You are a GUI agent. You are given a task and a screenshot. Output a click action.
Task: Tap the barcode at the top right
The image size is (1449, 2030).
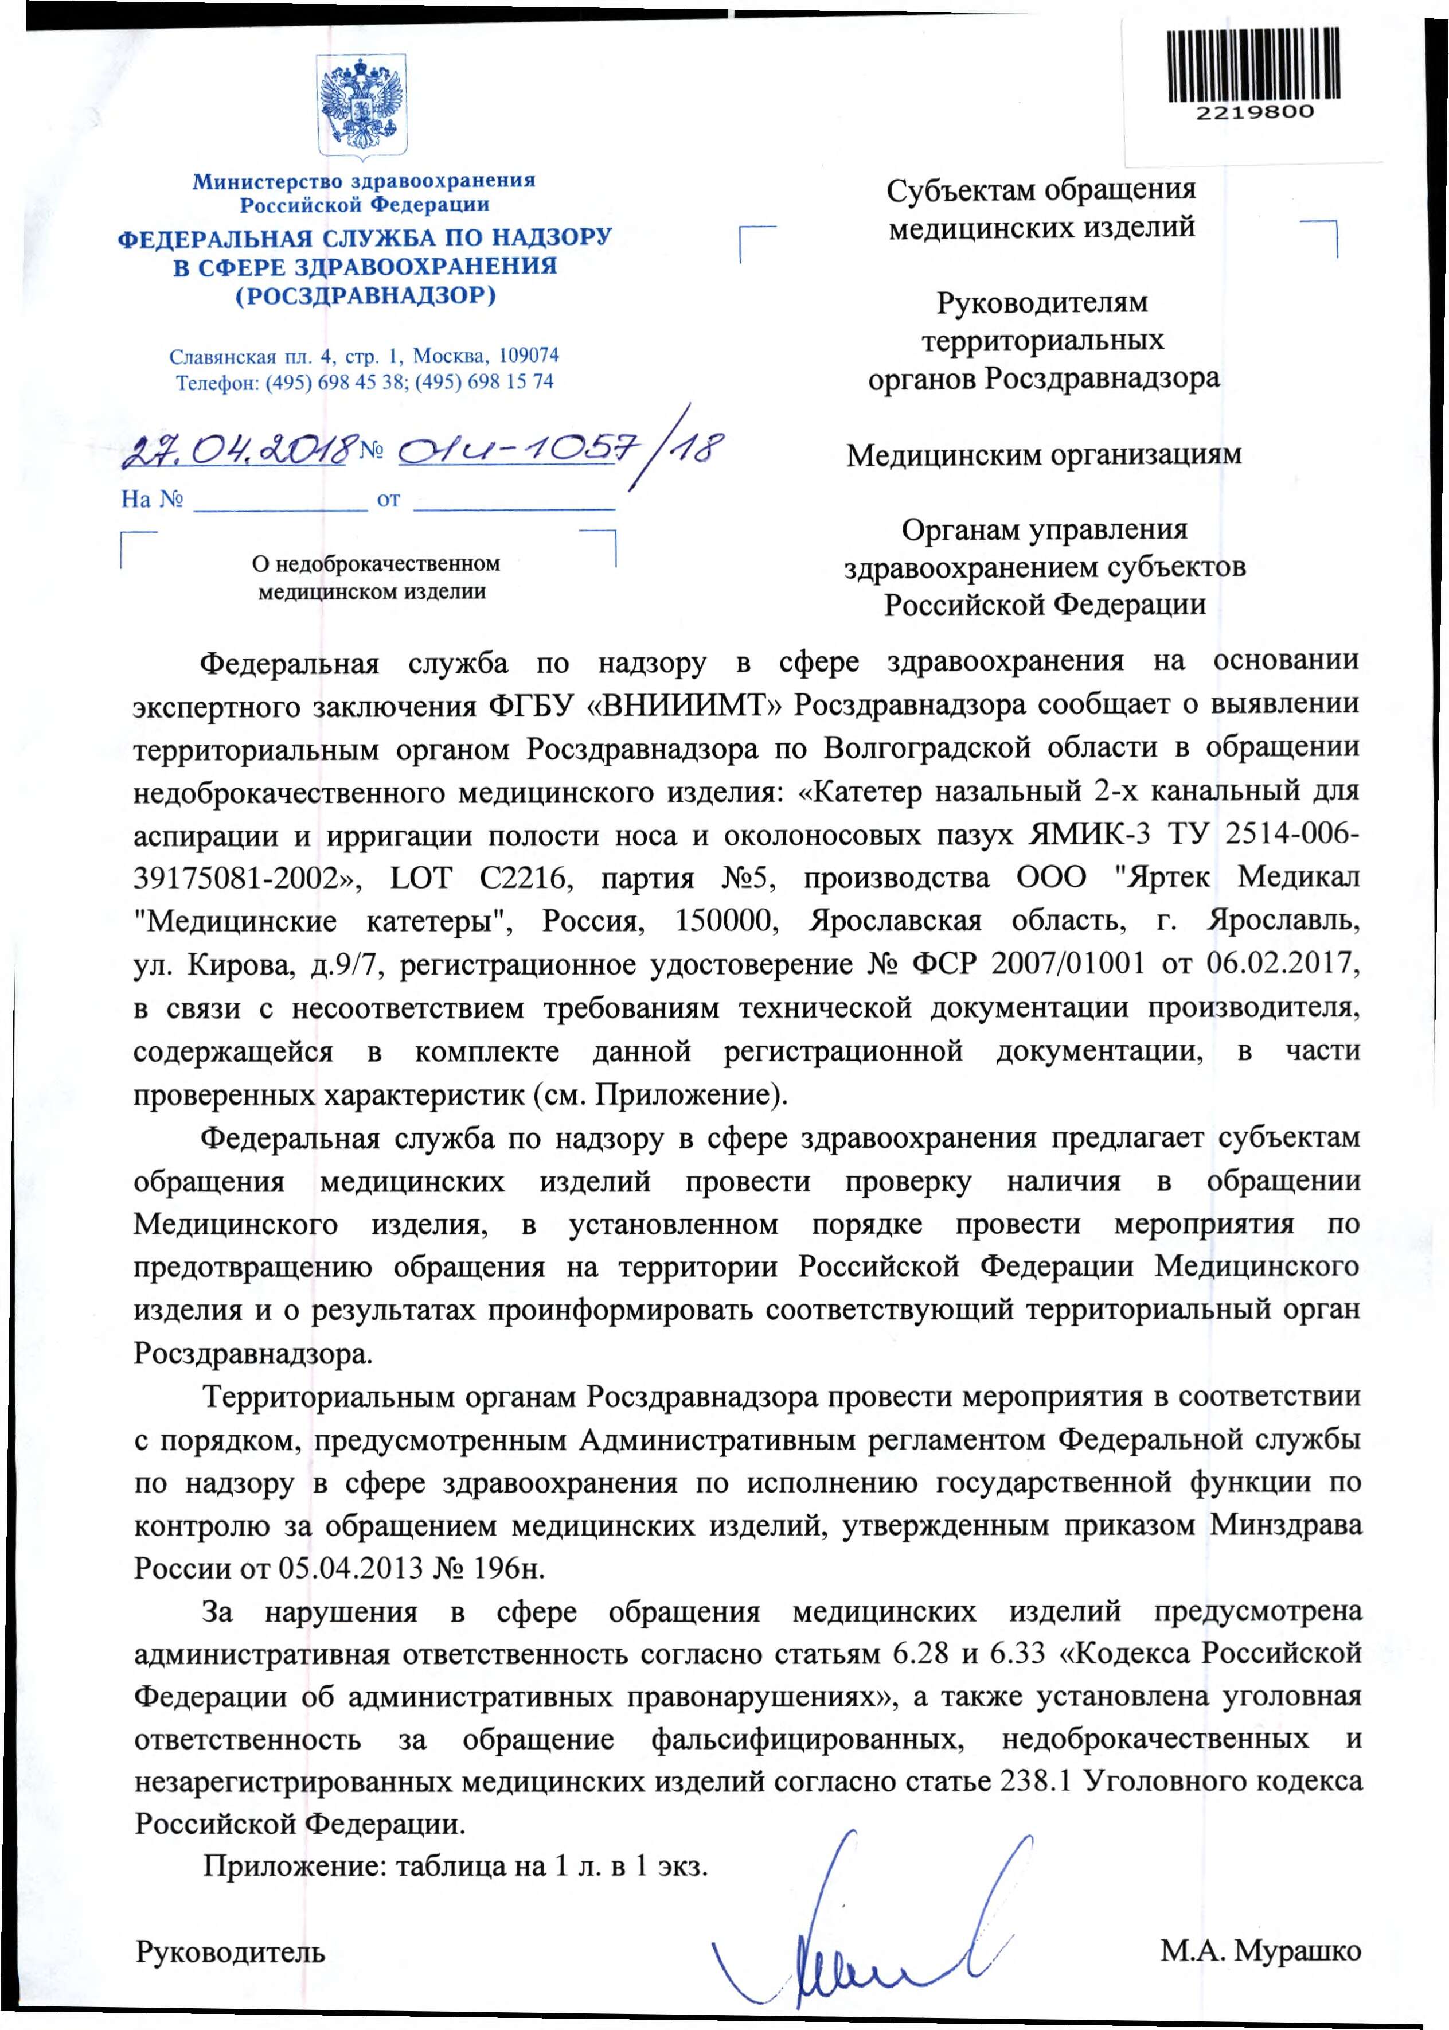(x=1253, y=64)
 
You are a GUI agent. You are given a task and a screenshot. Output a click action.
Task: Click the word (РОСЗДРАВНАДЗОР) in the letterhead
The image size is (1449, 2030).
(x=365, y=295)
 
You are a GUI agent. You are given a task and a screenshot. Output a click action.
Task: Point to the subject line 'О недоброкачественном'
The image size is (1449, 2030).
(x=376, y=564)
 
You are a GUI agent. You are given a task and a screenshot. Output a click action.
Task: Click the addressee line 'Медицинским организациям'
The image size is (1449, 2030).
(x=1043, y=455)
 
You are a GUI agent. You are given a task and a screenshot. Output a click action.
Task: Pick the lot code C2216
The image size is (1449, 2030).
(x=523, y=878)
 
